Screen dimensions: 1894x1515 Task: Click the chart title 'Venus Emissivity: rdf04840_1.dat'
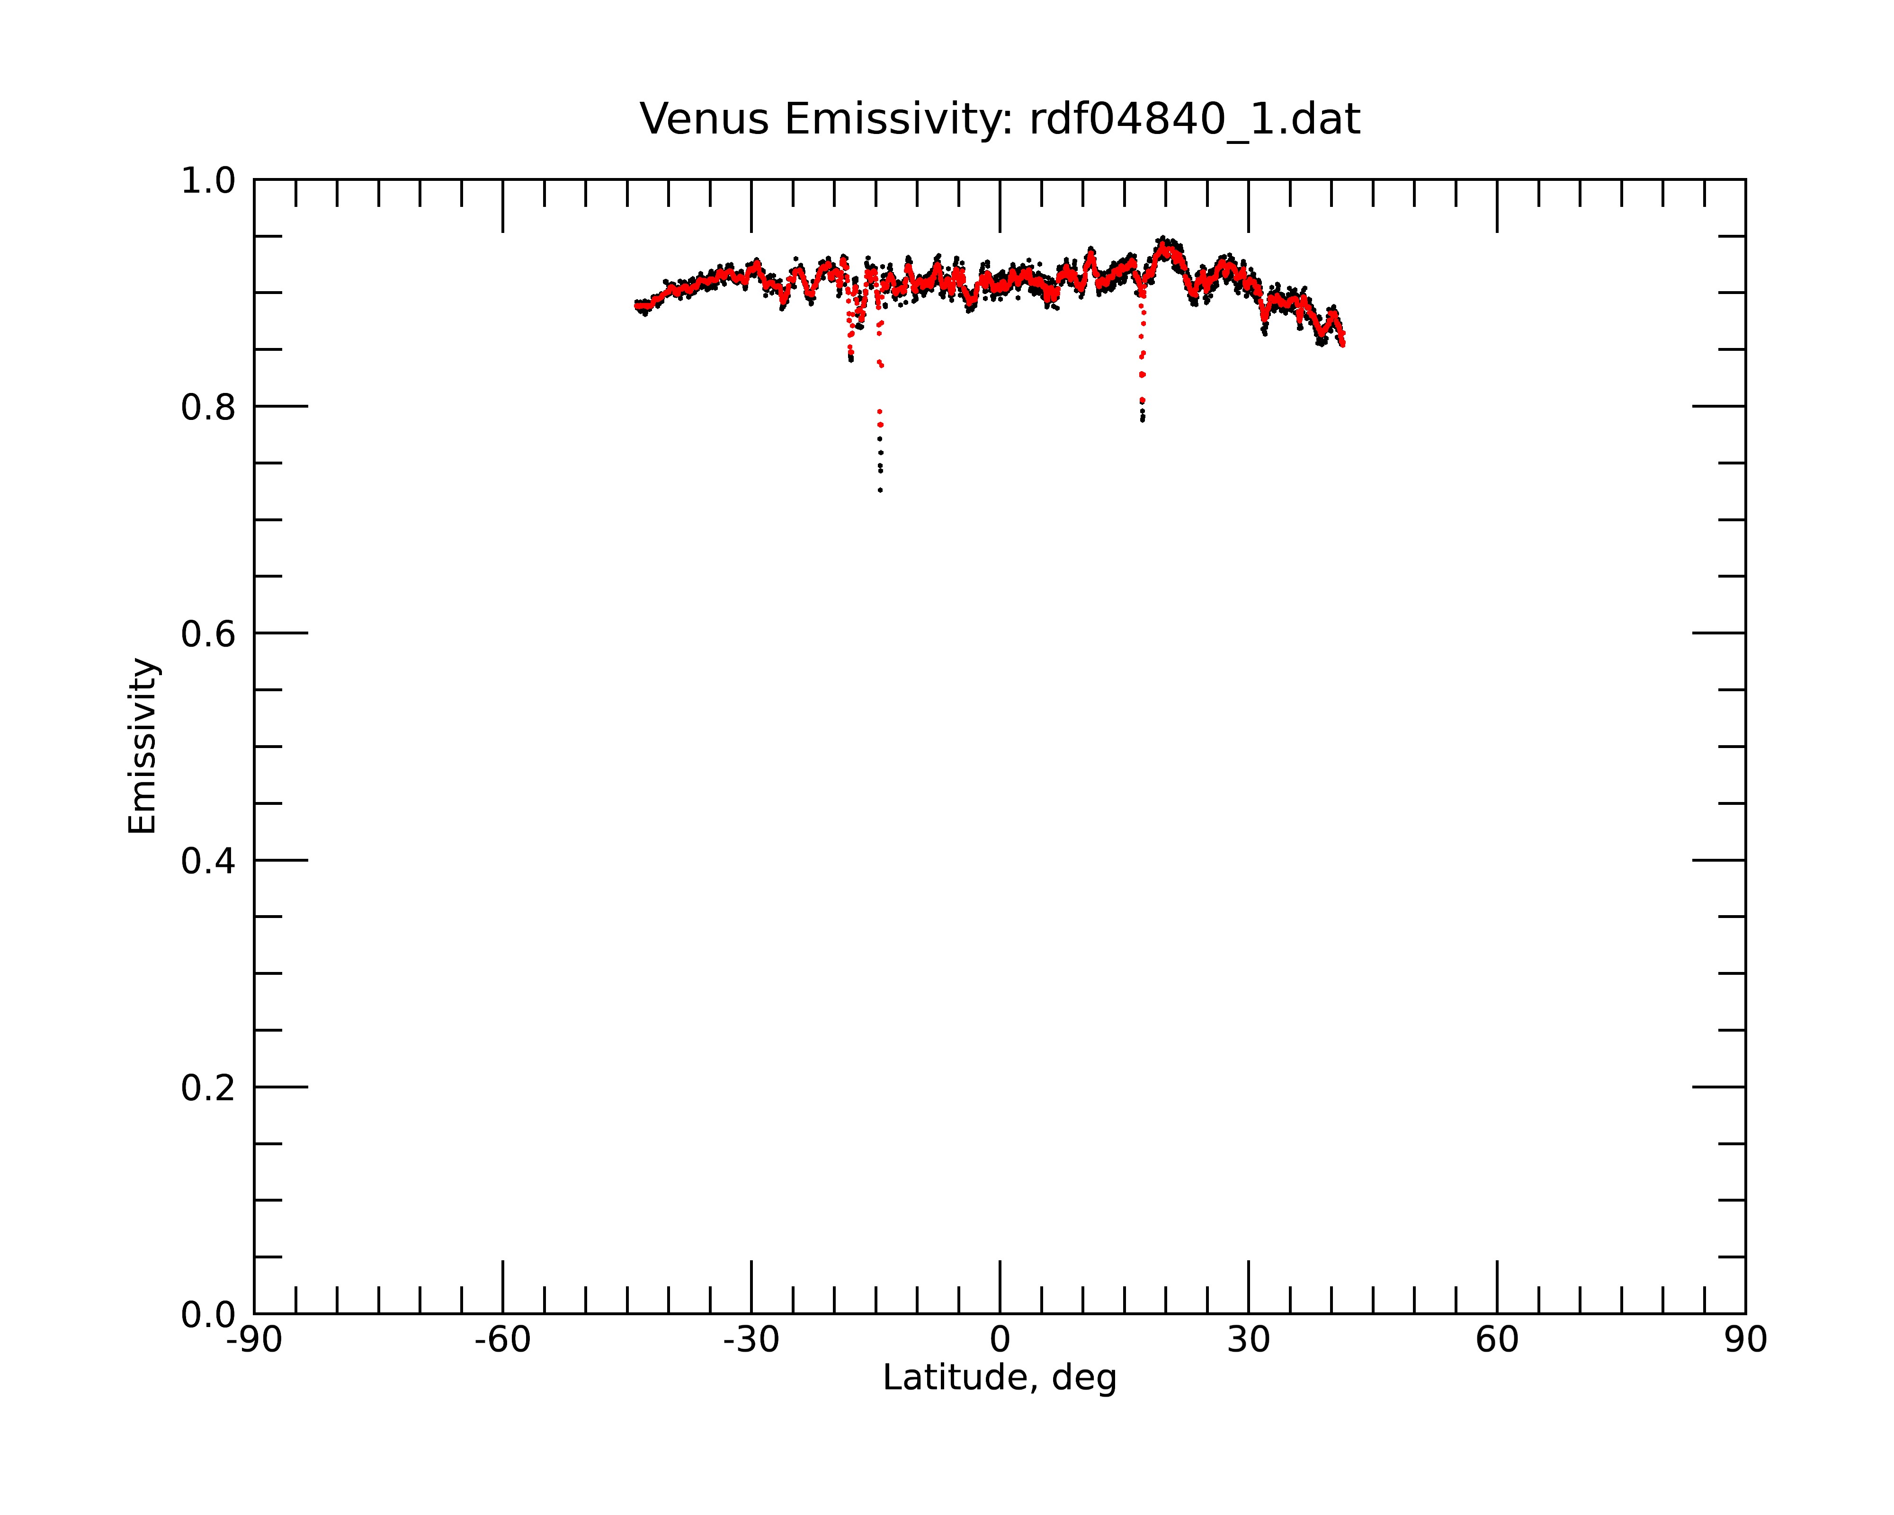tap(1000, 119)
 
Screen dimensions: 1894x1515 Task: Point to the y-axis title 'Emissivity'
tap(143, 746)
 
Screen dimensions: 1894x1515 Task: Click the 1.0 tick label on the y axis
tap(208, 181)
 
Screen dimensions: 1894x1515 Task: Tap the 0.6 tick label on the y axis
tap(208, 634)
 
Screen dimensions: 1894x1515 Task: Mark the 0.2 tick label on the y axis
tap(208, 1088)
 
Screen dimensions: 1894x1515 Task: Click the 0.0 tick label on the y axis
tap(208, 1315)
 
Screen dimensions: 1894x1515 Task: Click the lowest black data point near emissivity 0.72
tap(880, 490)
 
